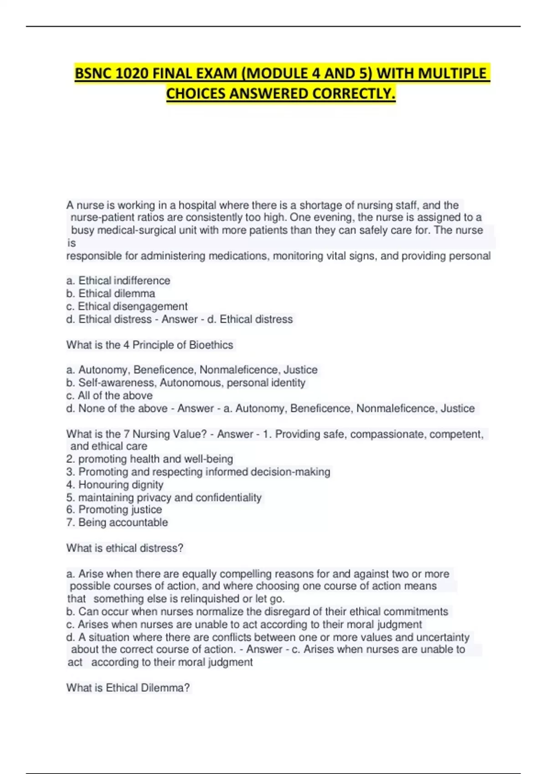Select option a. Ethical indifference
(x=118, y=280)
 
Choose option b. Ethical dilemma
(x=111, y=293)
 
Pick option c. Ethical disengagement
(x=127, y=306)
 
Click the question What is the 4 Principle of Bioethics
(x=150, y=345)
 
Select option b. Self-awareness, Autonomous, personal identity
(x=186, y=382)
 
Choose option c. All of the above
(x=109, y=396)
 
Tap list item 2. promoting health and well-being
(x=150, y=459)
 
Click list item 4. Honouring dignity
(x=114, y=484)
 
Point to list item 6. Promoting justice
(x=114, y=509)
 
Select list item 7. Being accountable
(x=117, y=522)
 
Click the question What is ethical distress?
(x=124, y=548)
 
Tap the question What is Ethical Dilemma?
(x=128, y=687)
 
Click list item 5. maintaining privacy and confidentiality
(x=164, y=497)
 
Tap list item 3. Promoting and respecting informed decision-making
(x=198, y=472)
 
